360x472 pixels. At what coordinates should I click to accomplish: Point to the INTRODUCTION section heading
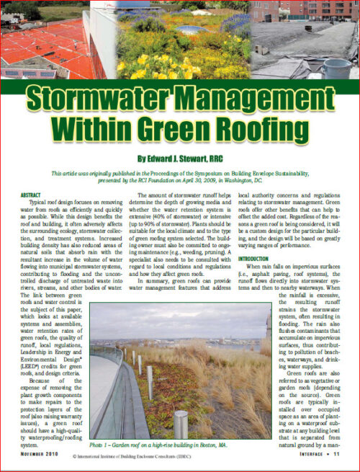click(x=264, y=258)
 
